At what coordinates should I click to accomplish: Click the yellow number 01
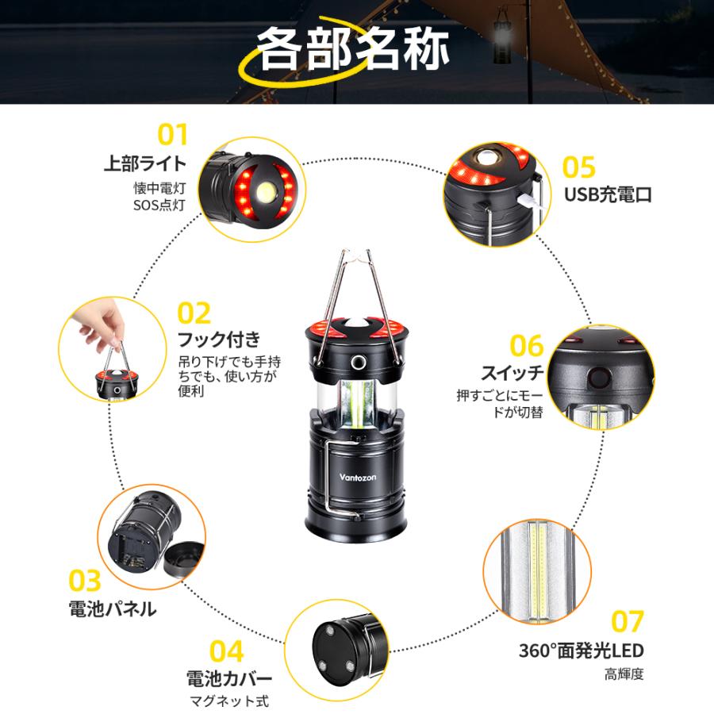pyautogui.click(x=171, y=134)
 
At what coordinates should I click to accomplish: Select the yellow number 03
pyautogui.click(x=84, y=582)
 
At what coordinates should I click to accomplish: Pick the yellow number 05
pyautogui.click(x=578, y=167)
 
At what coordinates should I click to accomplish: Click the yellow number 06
pyautogui.click(x=526, y=346)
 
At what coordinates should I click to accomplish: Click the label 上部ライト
pyautogui.click(x=145, y=164)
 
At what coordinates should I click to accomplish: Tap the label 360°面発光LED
pyautogui.click(x=581, y=651)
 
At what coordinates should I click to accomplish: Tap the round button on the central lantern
pyautogui.click(x=358, y=363)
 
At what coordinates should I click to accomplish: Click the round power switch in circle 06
pyautogui.click(x=595, y=375)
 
